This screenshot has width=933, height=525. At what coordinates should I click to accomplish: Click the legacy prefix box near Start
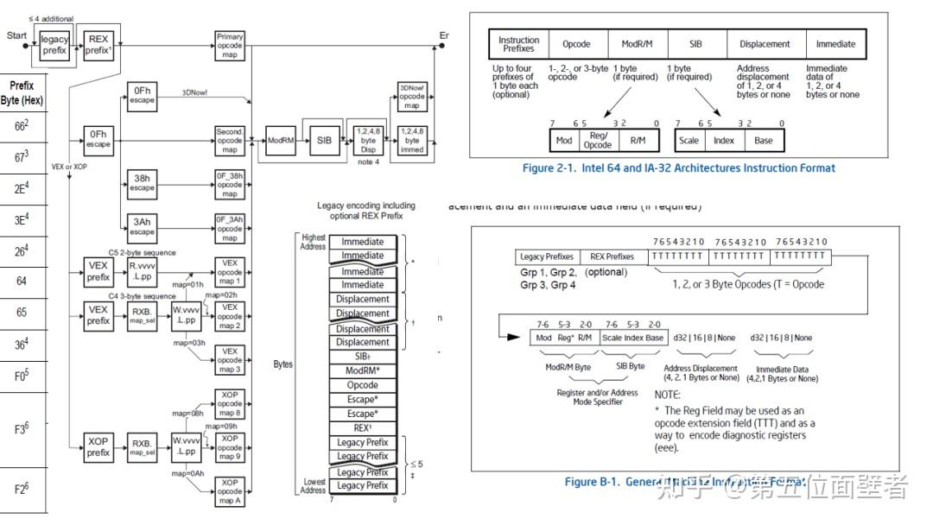pyautogui.click(x=54, y=45)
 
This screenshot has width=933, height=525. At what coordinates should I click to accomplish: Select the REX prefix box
pyautogui.click(x=98, y=45)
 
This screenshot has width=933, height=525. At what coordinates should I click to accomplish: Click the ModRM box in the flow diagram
pyautogui.click(x=282, y=140)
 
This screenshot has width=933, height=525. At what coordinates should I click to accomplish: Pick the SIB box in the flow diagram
pyautogui.click(x=324, y=140)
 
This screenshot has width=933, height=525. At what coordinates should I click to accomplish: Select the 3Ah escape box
pyautogui.click(x=143, y=227)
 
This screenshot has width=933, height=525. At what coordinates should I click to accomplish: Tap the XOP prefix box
pyautogui.click(x=98, y=446)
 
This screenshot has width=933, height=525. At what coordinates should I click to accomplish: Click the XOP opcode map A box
pyautogui.click(x=230, y=492)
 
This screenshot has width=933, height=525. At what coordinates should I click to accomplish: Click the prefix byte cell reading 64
pyautogui.click(x=22, y=281)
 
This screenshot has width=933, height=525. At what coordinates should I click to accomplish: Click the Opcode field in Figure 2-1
pyautogui.click(x=576, y=44)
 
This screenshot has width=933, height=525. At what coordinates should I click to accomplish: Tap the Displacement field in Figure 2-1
pyautogui.click(x=765, y=44)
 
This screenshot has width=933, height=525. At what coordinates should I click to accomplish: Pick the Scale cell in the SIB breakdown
pyautogui.click(x=689, y=140)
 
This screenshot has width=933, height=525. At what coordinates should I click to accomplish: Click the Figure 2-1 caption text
pyautogui.click(x=678, y=168)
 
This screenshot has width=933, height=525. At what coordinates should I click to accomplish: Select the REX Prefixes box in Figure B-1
pyautogui.click(x=612, y=256)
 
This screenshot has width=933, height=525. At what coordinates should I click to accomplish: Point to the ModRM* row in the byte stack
pyautogui.click(x=363, y=370)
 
